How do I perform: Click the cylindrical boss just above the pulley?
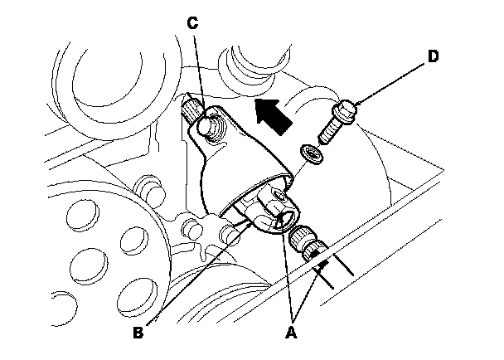[149, 186]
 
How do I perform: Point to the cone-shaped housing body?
[245, 161]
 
